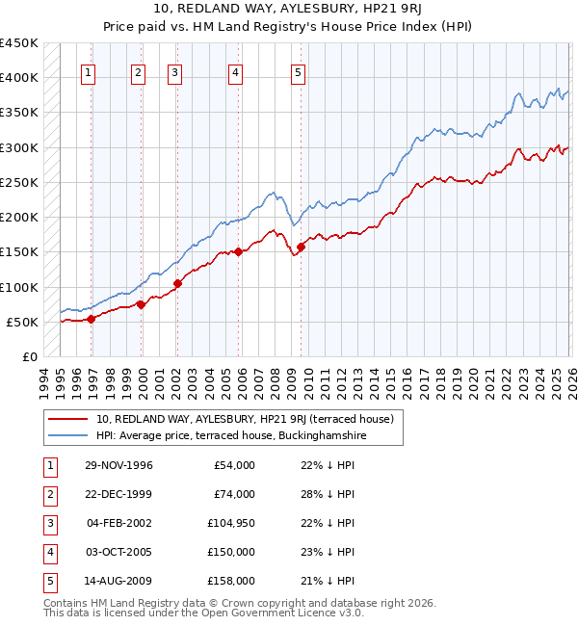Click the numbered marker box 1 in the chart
(88, 71)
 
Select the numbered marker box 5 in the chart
(299, 71)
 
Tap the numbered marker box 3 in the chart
(174, 71)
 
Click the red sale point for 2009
(301, 247)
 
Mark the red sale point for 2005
(239, 252)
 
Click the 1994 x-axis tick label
(45, 379)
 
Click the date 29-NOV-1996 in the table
(118, 465)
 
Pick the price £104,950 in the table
(230, 523)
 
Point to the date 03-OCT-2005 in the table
(118, 552)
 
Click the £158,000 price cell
(230, 581)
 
